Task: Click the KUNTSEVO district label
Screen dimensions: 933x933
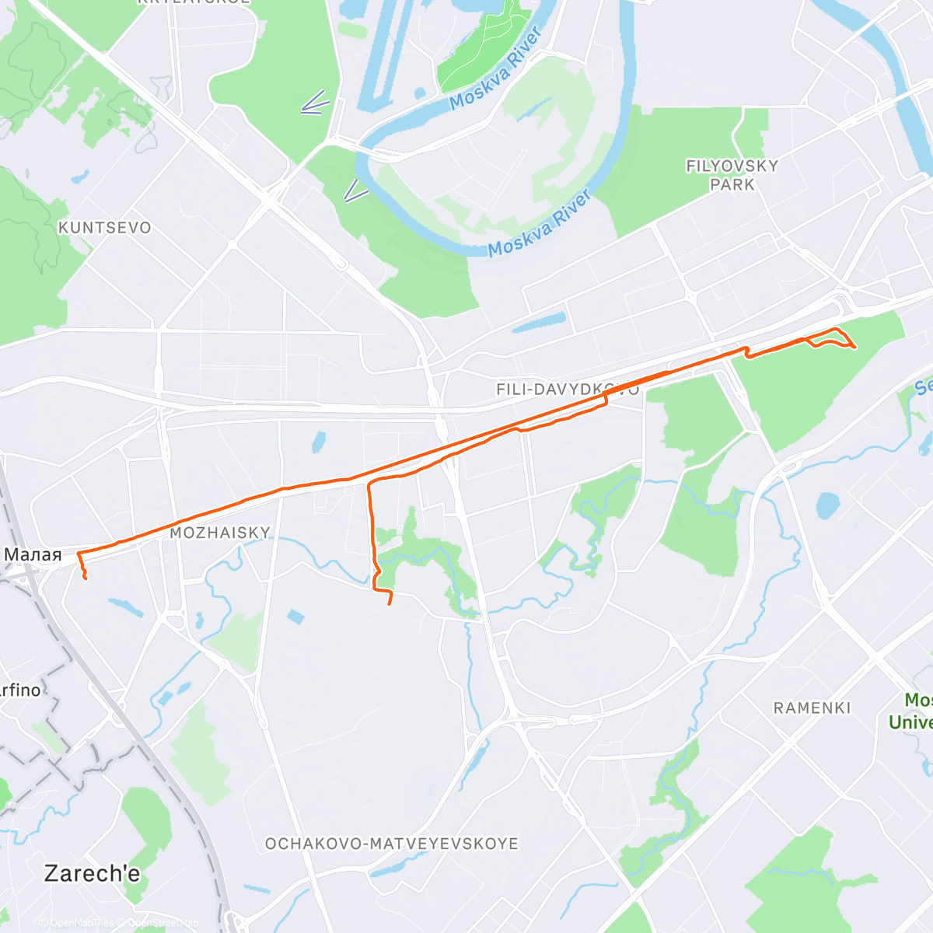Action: point(105,228)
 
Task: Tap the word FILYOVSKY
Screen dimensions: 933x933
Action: point(732,166)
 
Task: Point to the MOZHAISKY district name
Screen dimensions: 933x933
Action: point(220,533)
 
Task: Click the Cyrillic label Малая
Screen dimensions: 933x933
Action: point(33,554)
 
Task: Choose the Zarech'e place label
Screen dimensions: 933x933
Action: point(92,873)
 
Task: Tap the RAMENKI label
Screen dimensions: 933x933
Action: point(812,708)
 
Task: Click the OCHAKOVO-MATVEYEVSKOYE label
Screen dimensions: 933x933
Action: point(392,844)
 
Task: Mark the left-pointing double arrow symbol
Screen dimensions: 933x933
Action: point(315,104)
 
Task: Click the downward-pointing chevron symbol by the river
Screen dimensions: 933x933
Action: point(356,190)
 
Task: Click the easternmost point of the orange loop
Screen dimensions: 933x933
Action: point(855,347)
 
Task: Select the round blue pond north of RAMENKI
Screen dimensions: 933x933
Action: point(828,506)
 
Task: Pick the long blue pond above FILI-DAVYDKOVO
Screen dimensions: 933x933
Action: point(539,322)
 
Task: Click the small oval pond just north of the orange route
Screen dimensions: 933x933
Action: point(318,442)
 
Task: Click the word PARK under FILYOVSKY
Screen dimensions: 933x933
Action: point(732,185)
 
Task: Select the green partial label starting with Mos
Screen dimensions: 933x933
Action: point(917,700)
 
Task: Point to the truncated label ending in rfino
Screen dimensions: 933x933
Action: point(20,690)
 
